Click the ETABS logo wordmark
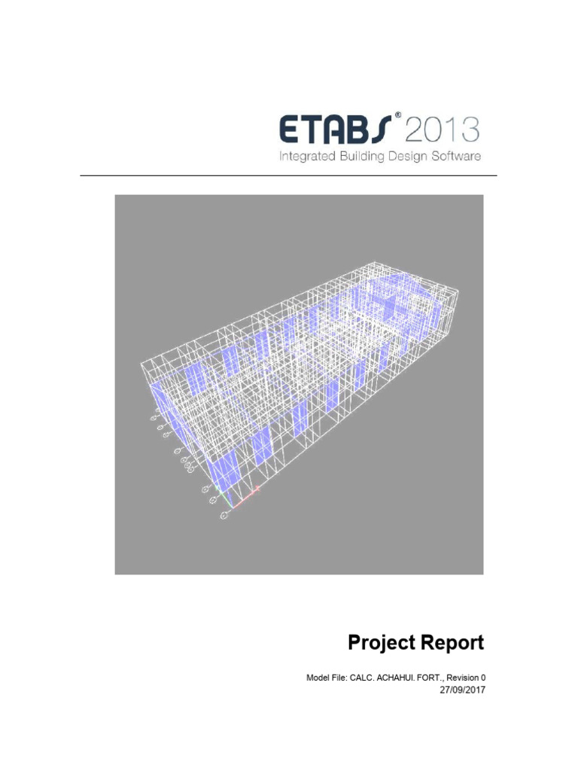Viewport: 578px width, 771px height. (x=334, y=130)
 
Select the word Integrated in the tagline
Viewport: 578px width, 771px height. (x=308, y=157)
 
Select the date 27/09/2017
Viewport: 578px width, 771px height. (x=463, y=690)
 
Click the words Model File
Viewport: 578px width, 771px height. (x=325, y=678)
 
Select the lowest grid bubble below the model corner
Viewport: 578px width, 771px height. (x=224, y=517)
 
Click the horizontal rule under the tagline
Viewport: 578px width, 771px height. (x=289, y=176)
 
